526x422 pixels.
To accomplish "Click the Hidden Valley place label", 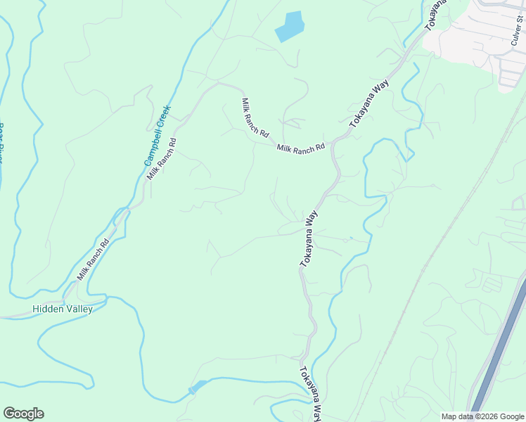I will click(63, 309).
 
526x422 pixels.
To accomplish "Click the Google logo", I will click(23, 414).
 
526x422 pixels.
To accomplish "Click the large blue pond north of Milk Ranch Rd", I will click(289, 26).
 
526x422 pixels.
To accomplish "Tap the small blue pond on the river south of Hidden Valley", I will click(197, 386).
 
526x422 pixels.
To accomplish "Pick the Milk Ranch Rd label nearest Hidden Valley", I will click(93, 260).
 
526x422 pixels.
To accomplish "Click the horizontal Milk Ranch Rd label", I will click(300, 148).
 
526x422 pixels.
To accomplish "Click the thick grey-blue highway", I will click(499, 352).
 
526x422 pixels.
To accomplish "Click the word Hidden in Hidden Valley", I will click(46, 309).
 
